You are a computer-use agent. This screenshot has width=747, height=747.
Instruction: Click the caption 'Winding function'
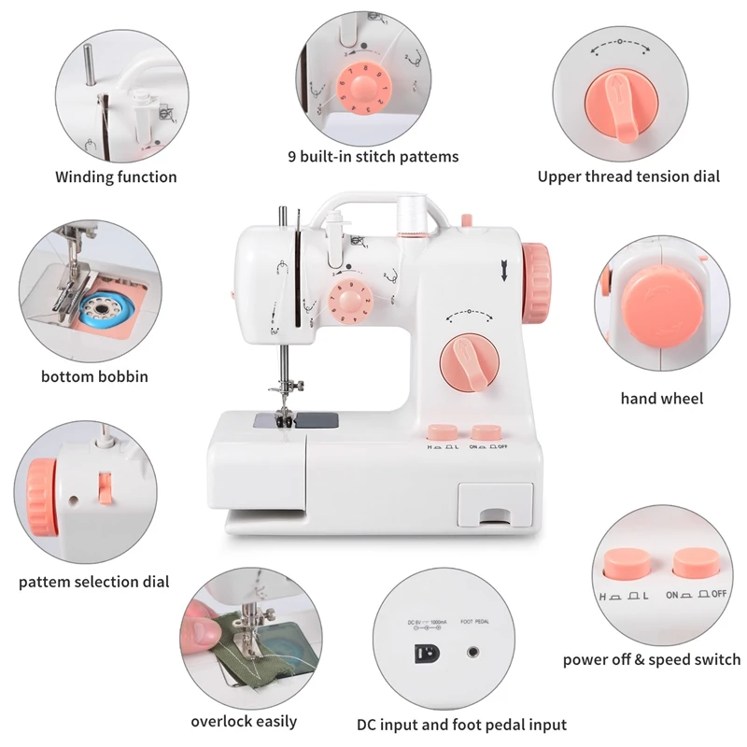(x=116, y=176)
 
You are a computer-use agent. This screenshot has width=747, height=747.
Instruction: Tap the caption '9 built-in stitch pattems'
(x=373, y=156)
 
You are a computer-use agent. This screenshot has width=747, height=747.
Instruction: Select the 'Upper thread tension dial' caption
(x=628, y=176)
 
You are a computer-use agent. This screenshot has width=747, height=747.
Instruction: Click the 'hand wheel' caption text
(x=662, y=399)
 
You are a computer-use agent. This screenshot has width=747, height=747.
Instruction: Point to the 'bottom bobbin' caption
(x=94, y=377)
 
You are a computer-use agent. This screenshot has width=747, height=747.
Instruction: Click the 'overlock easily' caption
(x=244, y=721)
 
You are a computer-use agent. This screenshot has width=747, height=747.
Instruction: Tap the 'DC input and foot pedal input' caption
(x=461, y=725)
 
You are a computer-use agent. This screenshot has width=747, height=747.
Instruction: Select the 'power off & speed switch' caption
(x=651, y=659)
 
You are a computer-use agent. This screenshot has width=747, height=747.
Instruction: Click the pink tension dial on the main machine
(x=467, y=362)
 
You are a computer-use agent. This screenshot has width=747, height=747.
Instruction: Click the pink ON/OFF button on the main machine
(x=486, y=432)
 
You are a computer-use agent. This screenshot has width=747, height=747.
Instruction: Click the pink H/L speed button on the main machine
(x=441, y=432)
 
